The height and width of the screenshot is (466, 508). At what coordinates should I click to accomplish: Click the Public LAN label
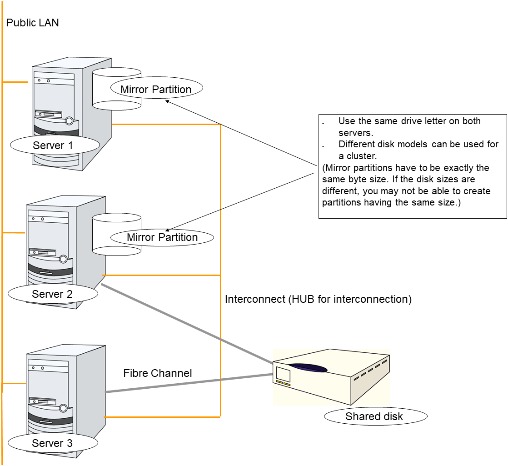(32, 22)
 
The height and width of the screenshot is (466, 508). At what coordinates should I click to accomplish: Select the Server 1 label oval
(55, 145)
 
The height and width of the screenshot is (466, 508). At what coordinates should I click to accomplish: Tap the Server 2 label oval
(53, 294)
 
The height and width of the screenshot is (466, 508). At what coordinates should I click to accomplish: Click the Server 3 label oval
(53, 443)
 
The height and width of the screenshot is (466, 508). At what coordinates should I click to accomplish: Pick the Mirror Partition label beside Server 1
(156, 90)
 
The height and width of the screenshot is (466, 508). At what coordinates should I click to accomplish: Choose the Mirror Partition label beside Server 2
(162, 237)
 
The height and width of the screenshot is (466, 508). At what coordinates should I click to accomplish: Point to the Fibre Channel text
(158, 373)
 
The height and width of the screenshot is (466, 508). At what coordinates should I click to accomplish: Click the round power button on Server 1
(69, 121)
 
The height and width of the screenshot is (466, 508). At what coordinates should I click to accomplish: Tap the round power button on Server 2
(63, 259)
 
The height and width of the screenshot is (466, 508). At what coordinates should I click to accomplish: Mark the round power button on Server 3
(63, 408)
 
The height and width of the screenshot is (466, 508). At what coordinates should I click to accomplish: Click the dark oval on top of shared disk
(308, 368)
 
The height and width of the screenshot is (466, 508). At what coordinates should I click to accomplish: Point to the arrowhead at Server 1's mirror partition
(167, 102)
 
